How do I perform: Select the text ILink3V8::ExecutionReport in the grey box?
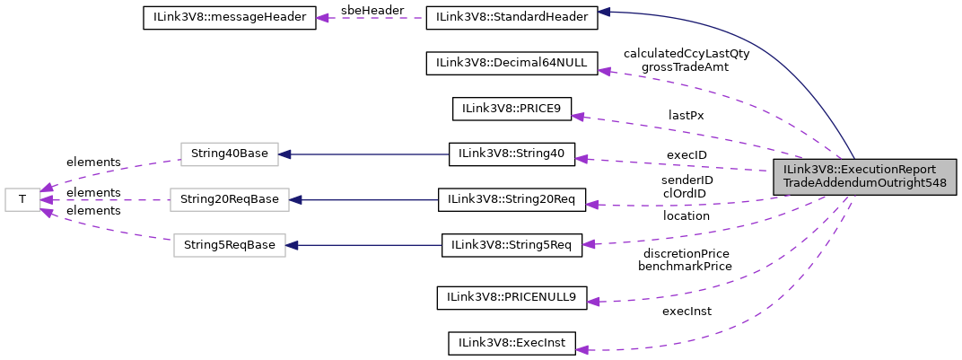coord(859,170)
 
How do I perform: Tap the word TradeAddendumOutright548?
coord(864,184)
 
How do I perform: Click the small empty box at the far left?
coord(22,199)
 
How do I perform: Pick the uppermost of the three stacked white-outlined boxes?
coord(229,154)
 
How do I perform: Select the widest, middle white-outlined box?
coord(229,199)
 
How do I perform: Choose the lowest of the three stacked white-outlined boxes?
coord(229,245)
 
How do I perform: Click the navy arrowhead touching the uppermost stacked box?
coord(284,154)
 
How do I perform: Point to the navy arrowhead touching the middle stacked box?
coord(295,199)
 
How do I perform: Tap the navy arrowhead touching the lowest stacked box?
coord(292,245)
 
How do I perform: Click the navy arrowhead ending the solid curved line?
coord(604,12)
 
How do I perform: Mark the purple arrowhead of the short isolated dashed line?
coord(322,18)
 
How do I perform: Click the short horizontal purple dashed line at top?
coord(377,18)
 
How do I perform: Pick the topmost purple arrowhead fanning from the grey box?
coord(605,70)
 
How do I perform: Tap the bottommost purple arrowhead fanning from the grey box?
coord(582,349)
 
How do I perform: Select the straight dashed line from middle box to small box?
coord(108,199)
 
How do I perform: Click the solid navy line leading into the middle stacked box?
coord(368,199)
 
